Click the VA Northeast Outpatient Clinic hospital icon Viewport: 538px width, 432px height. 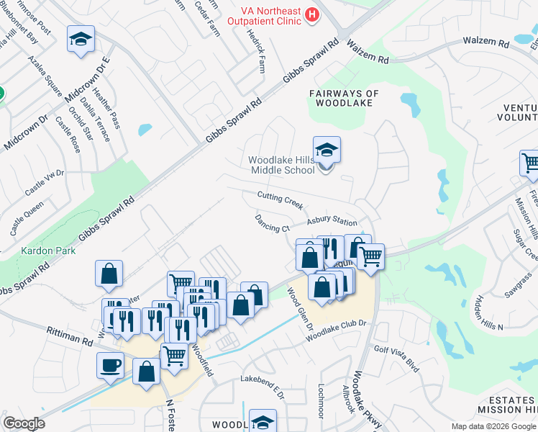[311, 14]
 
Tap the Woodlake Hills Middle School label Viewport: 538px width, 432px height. [282, 165]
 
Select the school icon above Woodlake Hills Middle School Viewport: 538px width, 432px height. [327, 150]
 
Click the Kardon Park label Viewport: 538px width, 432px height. [39, 254]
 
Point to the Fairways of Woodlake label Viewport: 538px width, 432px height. [344, 98]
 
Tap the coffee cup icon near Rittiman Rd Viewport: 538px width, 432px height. [110, 364]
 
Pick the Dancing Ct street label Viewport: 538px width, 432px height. [272, 223]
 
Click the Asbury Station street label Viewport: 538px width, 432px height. [332, 222]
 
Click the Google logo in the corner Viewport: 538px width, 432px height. [24, 423]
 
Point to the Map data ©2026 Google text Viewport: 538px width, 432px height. [493, 426]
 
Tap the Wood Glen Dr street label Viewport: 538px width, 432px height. [301, 310]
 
